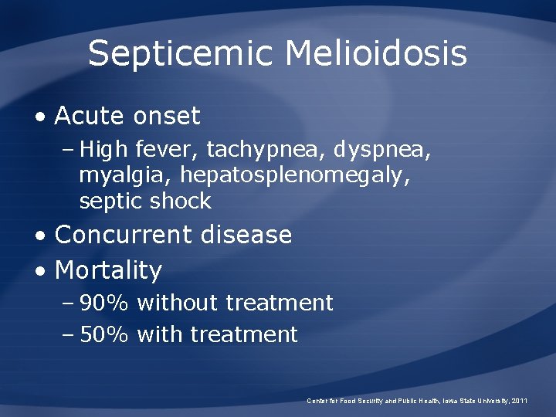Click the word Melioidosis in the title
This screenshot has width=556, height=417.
click(376, 54)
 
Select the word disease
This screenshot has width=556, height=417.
click(246, 235)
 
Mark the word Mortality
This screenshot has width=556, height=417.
click(108, 270)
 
